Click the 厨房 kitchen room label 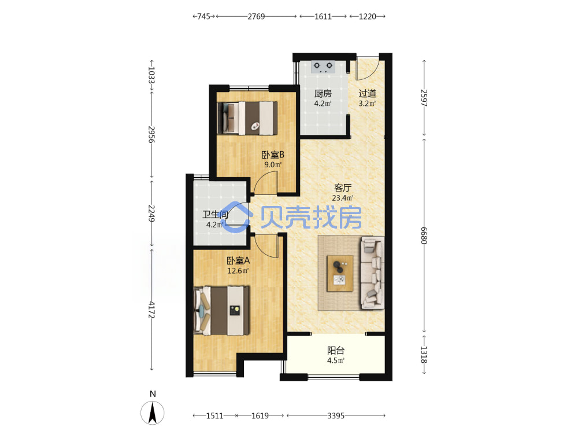click(323, 93)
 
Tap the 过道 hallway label click(367, 93)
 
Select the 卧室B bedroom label click(273, 155)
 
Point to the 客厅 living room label click(342, 188)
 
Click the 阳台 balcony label click(336, 350)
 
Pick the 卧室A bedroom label click(238, 260)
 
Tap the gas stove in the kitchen click(323, 67)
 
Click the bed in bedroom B click(247, 118)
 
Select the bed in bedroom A click(221, 310)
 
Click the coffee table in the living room click(340, 273)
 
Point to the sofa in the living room click(373, 273)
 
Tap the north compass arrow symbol click(152, 412)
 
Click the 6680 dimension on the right click(424, 235)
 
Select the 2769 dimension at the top click(256, 16)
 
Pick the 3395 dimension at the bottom click(336, 416)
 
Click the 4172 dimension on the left click(151, 310)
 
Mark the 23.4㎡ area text click(342, 198)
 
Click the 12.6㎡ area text click(238, 270)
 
